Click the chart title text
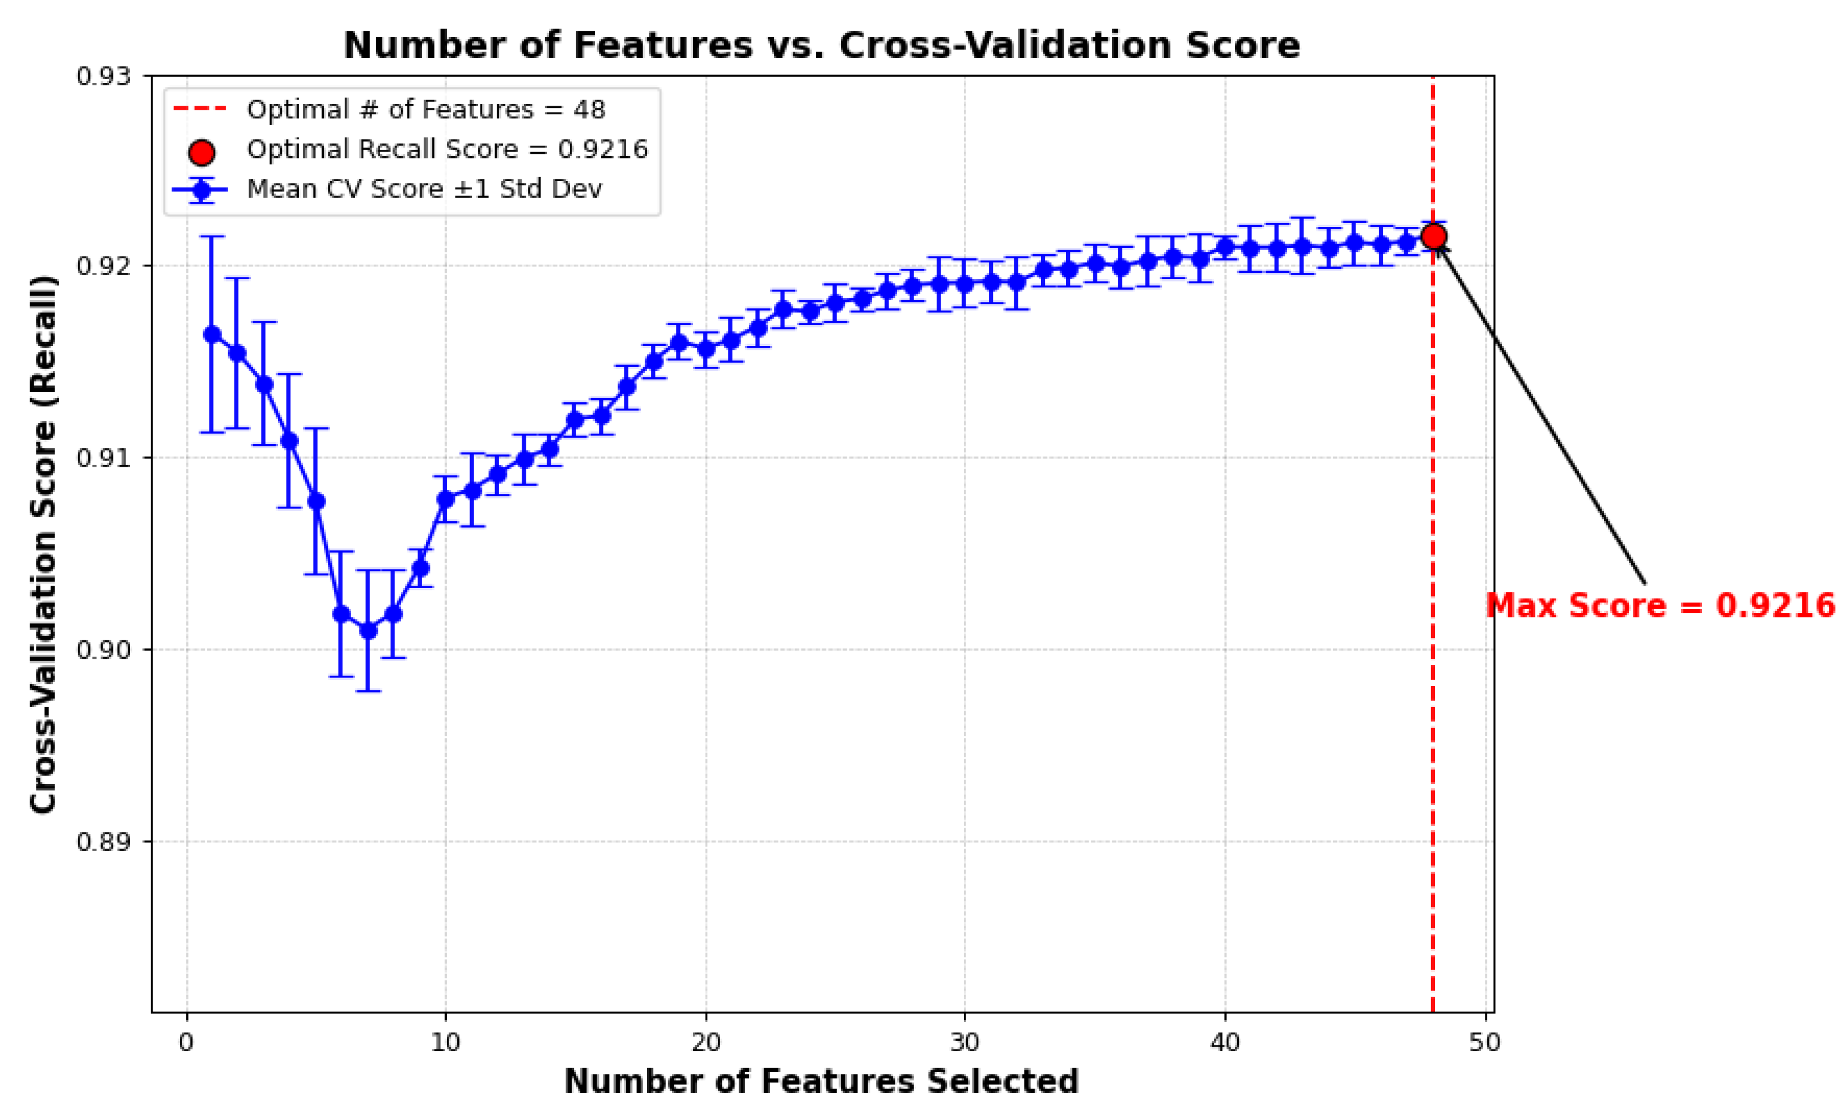coord(821,46)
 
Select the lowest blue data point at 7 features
coord(368,631)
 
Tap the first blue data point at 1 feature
coord(212,334)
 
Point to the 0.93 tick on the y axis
coord(103,76)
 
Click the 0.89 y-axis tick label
coord(103,842)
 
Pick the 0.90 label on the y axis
coord(103,650)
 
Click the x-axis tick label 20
coord(705,1042)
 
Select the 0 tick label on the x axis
coord(186,1042)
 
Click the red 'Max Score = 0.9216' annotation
coord(1660,605)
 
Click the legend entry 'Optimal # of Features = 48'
coord(425,110)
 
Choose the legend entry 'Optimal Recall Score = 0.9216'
coord(447,150)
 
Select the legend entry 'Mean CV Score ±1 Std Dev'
coord(424,189)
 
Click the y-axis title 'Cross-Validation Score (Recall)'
coord(44,544)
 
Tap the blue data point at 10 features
coord(446,499)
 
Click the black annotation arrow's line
coord(1541,415)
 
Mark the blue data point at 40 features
coord(1225,247)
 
